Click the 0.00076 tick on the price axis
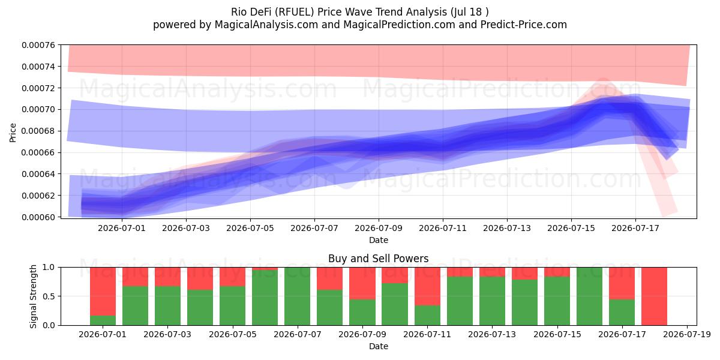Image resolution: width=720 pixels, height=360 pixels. pos(38,45)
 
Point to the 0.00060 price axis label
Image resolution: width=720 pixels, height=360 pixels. pos(38,217)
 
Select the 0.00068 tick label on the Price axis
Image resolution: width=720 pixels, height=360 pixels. pos(38,131)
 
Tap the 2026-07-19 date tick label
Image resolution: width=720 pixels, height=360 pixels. pos(687,335)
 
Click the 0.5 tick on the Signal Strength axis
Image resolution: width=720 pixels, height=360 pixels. pos(49,296)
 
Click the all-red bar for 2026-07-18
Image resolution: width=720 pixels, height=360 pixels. pos(654,296)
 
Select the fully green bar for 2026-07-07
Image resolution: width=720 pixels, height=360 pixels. pos(298,296)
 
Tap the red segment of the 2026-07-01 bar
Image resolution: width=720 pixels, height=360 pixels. pos(103,292)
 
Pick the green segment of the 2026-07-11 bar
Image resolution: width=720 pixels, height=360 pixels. pos(427,316)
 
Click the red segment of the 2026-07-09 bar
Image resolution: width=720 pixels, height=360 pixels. pos(362,283)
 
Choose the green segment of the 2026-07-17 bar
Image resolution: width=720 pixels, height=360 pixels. pos(622,313)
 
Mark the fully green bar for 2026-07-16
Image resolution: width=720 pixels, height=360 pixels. pos(589,296)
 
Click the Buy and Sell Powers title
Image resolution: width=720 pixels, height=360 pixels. pos(379,259)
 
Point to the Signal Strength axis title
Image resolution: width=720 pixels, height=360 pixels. pos(33,296)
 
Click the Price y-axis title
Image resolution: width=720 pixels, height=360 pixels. pos(13,133)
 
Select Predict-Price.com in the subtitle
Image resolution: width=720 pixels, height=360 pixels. pos(524,25)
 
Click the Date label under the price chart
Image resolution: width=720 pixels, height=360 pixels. pos(379,240)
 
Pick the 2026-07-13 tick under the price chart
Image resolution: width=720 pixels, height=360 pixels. pos(507,228)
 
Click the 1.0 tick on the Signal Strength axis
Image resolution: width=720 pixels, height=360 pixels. pos(49,268)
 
